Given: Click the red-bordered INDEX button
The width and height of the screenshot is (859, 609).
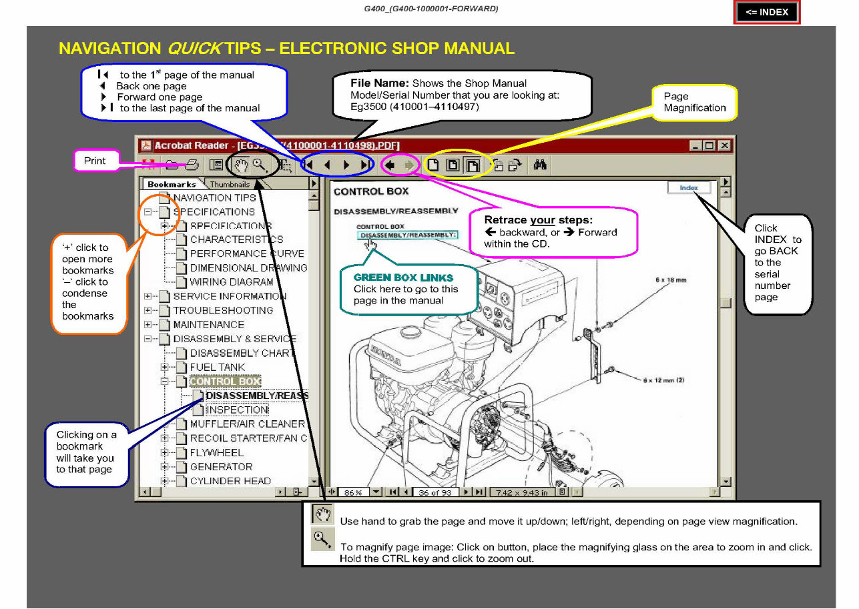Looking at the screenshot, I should [767, 12].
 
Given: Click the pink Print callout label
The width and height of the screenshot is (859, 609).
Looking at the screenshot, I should [95, 161].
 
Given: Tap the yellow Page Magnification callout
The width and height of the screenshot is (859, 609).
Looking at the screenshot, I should [694, 102].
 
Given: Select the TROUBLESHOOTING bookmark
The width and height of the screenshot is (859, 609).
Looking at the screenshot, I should [223, 310].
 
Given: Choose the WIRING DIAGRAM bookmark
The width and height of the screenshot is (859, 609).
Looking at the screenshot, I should [231, 282].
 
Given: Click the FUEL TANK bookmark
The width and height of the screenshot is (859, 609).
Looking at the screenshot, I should [217, 367].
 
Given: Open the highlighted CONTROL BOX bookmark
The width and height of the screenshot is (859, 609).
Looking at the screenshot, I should [225, 382].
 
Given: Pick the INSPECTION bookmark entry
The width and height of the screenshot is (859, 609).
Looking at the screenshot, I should [237, 410].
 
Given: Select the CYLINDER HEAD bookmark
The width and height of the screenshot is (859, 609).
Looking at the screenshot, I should [230, 480].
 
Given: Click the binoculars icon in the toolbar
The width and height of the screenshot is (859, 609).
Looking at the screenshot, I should [540, 165].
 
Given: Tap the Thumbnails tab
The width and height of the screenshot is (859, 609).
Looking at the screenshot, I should [230, 184].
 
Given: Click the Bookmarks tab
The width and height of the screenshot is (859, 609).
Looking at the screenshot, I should [172, 184].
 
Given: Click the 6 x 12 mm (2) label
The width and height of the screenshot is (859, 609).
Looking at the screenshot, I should [663, 380].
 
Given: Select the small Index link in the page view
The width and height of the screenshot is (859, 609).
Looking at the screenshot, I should [689, 188].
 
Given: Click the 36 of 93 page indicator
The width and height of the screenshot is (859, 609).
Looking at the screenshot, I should [435, 492].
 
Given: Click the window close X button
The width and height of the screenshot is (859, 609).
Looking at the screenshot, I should [724, 145].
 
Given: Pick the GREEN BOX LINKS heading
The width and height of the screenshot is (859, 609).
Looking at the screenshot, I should [402, 277].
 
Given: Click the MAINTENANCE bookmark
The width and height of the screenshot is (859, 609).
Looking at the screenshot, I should [208, 324].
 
